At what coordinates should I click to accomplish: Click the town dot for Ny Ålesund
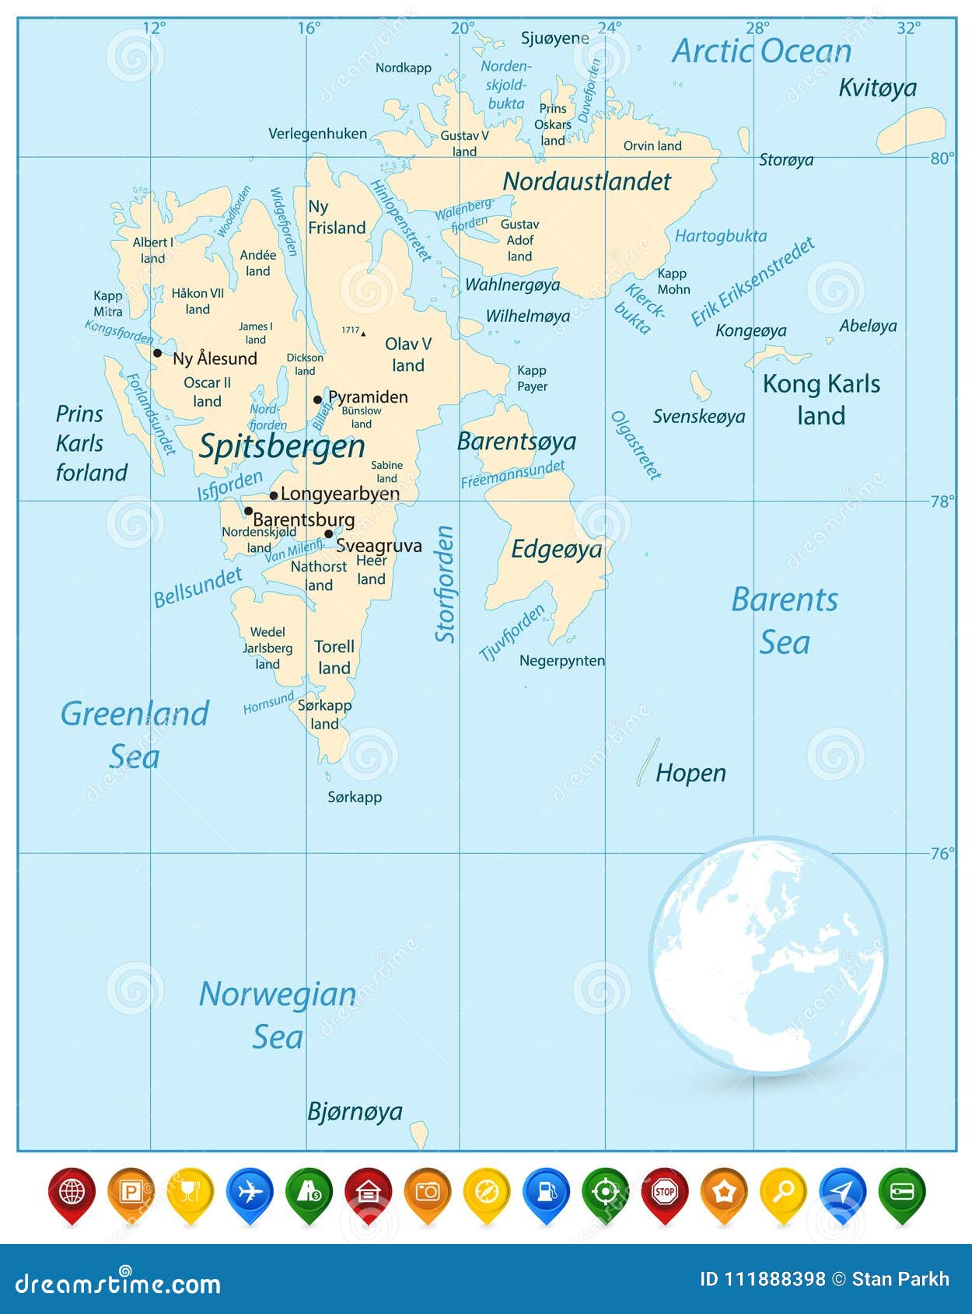point(157,353)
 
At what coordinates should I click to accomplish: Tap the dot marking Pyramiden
point(317,400)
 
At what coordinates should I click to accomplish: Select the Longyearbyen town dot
point(274,495)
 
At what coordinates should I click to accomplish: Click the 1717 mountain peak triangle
point(363,334)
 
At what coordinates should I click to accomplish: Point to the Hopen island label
point(691,773)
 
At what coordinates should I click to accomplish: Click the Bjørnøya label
point(355,1111)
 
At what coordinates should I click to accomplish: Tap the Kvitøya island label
point(877,88)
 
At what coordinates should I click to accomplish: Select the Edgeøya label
point(556,550)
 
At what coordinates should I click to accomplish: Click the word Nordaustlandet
point(586,182)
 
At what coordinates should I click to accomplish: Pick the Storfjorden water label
point(445,584)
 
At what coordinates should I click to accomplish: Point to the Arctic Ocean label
point(761,51)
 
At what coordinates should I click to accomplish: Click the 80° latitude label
point(942,159)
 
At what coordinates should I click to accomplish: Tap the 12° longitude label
point(154,28)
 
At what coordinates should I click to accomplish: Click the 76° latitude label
point(942,854)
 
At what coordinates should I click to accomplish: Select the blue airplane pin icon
point(250,1192)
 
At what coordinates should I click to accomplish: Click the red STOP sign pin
point(664,1192)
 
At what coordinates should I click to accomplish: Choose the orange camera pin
point(428,1192)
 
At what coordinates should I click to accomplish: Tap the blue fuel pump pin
point(546,1192)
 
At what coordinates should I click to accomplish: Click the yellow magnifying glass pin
point(783,1192)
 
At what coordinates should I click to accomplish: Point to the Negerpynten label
point(561,661)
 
